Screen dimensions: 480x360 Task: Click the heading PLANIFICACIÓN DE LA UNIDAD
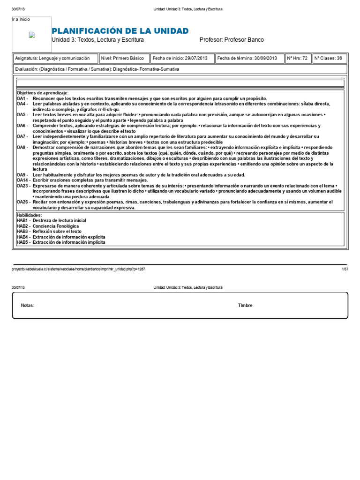point(120,31)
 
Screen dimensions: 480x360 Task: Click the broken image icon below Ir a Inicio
point(31,35)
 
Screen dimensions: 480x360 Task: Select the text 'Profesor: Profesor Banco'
point(232,40)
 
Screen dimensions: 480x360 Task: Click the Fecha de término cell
point(247,59)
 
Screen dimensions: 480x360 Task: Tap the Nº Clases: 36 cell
point(328,59)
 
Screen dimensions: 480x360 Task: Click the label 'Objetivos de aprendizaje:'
point(43,93)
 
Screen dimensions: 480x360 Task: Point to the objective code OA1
point(22,98)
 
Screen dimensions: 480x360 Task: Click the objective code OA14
point(23,180)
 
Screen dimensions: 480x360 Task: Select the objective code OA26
point(23,202)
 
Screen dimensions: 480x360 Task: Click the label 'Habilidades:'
point(29,215)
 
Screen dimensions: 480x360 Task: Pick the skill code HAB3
point(23,232)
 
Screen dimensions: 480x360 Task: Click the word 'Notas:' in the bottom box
point(28,305)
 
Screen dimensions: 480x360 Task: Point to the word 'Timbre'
point(245,305)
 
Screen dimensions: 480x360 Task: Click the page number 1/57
point(345,269)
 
